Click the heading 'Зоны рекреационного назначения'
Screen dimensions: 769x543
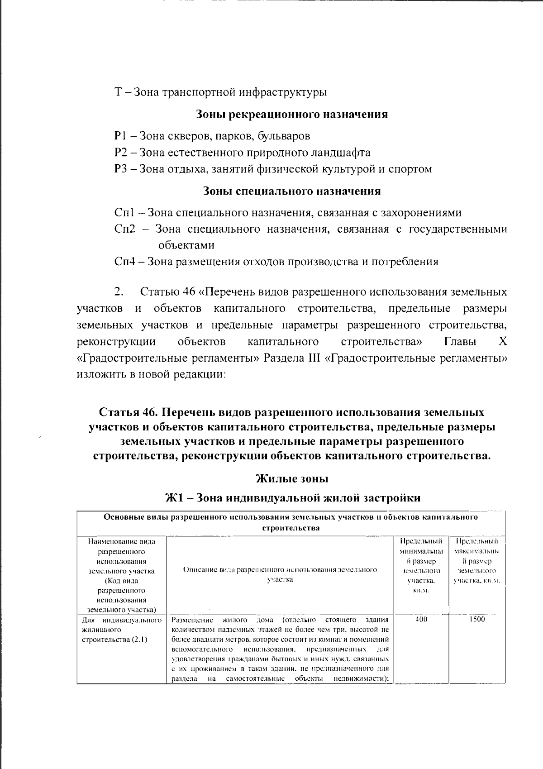[x=292, y=115]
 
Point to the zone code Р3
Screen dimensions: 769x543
[x=121, y=169]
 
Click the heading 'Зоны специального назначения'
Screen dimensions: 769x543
[x=292, y=191]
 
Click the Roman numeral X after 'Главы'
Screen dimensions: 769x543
[x=502, y=342]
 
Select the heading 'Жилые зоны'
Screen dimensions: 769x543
[x=292, y=479]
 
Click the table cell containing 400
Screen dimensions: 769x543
[x=421, y=619]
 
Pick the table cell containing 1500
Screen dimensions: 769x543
[x=476, y=619]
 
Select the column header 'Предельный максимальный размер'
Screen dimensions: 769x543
[x=476, y=561]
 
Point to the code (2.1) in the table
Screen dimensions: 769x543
[x=139, y=640]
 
